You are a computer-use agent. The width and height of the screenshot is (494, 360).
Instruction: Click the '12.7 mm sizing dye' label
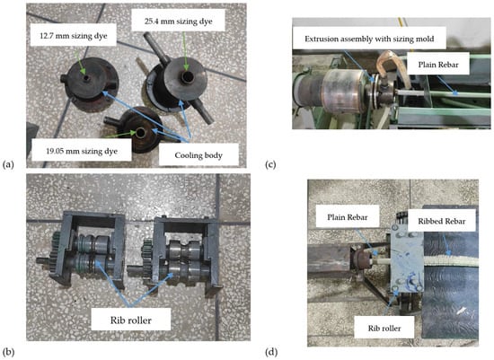pyautogui.click(x=74, y=35)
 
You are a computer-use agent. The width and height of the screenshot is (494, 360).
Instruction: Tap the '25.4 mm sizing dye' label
pyautogui.click(x=179, y=22)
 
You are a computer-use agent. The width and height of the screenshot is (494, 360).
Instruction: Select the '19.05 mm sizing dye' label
pyautogui.click(x=82, y=151)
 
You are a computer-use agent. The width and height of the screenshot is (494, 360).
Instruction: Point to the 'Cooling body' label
pyautogui.click(x=198, y=155)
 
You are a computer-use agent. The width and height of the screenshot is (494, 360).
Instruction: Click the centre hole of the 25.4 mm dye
pyautogui.click(x=187, y=76)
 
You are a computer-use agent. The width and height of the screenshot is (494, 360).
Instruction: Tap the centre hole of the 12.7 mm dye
pyautogui.click(x=86, y=77)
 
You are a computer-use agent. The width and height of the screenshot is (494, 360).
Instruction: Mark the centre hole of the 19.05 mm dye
pyautogui.click(x=140, y=133)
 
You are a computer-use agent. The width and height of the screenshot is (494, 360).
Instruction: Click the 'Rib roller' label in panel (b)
pyautogui.click(x=131, y=320)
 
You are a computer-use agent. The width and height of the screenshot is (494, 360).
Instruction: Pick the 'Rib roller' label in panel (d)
pyautogui.click(x=384, y=329)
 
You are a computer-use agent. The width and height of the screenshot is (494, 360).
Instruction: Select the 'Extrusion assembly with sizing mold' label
pyautogui.click(x=369, y=39)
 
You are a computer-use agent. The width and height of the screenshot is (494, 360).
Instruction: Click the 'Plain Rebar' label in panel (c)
pyautogui.click(x=438, y=65)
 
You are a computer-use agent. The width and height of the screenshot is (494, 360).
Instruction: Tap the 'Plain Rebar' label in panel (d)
pyautogui.click(x=348, y=217)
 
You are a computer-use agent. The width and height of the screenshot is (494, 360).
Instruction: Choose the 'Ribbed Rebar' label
pyautogui.click(x=442, y=221)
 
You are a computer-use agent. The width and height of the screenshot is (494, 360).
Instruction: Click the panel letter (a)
pyautogui.click(x=8, y=164)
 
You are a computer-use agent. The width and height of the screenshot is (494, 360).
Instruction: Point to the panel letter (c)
pyautogui.click(x=270, y=164)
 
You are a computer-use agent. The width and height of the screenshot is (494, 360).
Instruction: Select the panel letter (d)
pyautogui.click(x=271, y=352)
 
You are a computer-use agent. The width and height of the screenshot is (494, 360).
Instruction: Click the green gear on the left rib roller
pyautogui.click(x=56, y=251)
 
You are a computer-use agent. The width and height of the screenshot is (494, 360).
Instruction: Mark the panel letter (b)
pyautogui.click(x=8, y=352)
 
